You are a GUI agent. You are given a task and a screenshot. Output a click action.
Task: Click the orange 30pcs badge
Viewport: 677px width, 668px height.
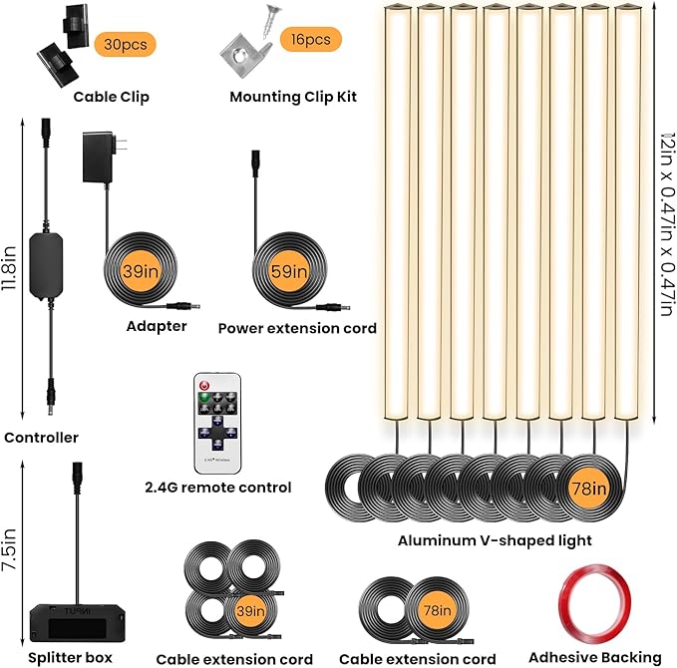tap(126, 44)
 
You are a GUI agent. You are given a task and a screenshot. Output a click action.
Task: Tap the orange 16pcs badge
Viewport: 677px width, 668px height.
tap(311, 39)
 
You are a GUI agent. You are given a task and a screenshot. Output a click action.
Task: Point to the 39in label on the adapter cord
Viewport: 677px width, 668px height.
tap(141, 271)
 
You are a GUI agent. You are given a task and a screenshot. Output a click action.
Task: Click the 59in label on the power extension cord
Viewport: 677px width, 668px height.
tap(289, 271)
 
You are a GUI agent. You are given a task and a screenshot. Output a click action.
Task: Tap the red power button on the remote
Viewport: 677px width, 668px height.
tap(204, 385)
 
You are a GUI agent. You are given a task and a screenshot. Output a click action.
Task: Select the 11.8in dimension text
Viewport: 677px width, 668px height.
tap(9, 268)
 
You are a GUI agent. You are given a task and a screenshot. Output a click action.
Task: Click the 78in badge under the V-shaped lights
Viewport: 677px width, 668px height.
tap(589, 489)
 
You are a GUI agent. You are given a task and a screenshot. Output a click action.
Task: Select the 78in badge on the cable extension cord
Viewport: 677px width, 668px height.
tap(437, 610)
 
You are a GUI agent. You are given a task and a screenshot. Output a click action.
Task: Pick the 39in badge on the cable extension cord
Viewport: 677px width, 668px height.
tap(251, 610)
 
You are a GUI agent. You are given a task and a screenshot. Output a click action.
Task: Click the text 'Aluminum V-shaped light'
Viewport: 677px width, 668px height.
tap(495, 540)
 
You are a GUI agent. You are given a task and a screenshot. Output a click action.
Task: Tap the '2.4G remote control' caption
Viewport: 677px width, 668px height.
tap(218, 488)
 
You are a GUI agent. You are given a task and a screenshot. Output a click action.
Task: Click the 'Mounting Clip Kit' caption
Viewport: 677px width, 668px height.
tap(293, 97)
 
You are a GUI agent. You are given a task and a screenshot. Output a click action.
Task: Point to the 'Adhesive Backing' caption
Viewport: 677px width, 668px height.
tap(595, 658)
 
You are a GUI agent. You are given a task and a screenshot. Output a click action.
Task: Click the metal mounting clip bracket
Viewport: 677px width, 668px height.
tap(242, 57)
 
